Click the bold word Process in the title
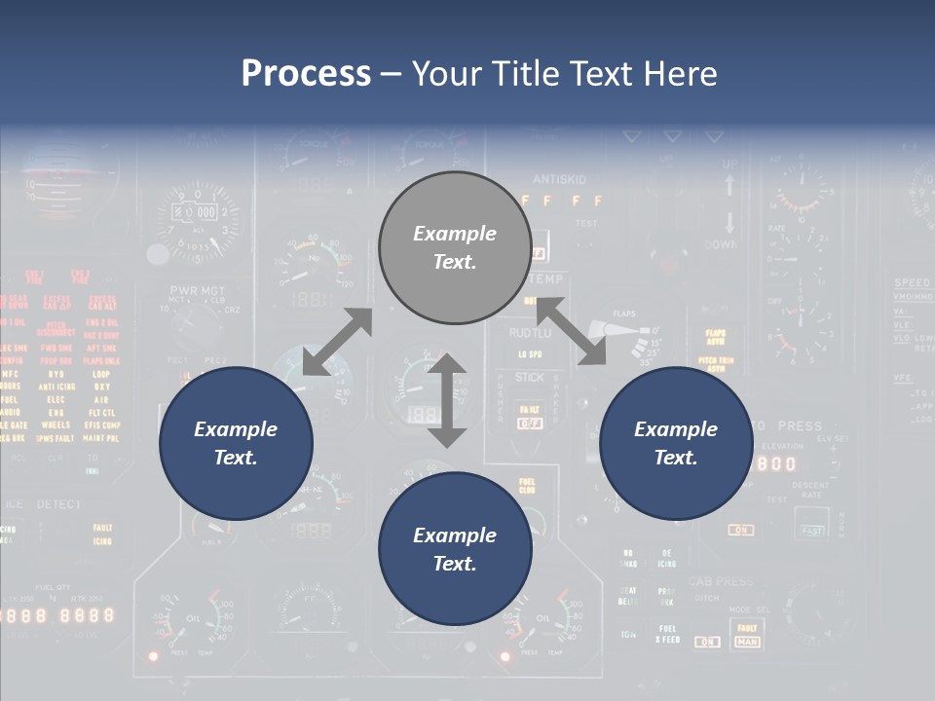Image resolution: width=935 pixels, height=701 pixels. [306, 73]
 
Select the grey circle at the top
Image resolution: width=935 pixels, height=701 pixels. [455, 247]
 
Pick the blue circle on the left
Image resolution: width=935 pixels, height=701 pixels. [236, 443]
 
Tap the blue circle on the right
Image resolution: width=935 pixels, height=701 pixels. [676, 443]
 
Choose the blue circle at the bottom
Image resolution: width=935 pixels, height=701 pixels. [455, 549]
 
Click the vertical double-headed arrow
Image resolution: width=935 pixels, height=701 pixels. [447, 400]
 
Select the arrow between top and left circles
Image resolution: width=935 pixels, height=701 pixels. [337, 342]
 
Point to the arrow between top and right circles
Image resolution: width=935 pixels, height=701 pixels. [571, 332]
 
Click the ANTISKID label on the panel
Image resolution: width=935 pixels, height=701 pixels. [559, 179]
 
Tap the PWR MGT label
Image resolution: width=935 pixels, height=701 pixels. [198, 290]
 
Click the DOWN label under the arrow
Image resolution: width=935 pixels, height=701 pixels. [721, 245]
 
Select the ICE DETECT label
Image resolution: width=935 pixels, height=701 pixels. [44, 504]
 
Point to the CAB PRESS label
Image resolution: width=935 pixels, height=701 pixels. [721, 581]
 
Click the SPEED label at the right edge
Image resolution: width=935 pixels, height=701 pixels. [913, 283]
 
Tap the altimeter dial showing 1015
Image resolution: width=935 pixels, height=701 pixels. [199, 222]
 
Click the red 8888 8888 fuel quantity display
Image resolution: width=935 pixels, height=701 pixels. [58, 615]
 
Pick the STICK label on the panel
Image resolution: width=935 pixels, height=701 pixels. [530, 377]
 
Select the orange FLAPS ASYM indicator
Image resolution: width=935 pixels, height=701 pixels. [716, 337]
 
